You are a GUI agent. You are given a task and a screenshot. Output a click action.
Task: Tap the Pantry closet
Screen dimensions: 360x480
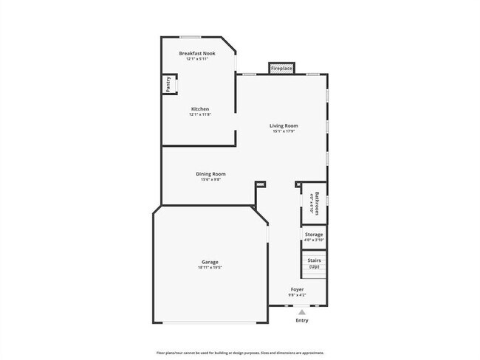point(168,86)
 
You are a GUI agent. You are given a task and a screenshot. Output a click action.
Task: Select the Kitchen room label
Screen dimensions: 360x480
point(200,109)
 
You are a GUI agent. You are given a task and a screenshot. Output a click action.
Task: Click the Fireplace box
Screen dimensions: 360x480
point(281,69)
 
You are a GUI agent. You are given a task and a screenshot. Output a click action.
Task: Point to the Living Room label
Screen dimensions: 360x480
point(284,126)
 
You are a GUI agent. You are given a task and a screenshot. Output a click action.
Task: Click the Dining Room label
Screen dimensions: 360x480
point(211,174)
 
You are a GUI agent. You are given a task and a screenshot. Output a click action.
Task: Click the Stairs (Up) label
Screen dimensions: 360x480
point(314,263)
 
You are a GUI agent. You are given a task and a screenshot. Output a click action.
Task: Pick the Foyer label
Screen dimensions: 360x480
point(297,289)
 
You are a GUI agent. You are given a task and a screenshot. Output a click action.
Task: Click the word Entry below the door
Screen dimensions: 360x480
point(302,321)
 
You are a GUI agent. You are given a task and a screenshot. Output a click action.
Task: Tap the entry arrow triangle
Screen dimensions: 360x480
point(301,312)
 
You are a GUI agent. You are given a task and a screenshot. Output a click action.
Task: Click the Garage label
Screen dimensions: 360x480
point(210,262)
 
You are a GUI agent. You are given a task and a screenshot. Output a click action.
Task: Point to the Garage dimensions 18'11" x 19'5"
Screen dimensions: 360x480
point(210,268)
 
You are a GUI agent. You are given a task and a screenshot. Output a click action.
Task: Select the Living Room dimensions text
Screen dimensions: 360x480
point(284,132)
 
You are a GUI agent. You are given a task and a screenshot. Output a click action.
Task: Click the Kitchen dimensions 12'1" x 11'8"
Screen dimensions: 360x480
point(200,115)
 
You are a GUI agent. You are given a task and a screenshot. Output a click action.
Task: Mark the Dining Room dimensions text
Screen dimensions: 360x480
point(211,180)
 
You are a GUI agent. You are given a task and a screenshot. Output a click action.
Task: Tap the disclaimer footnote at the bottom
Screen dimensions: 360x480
point(239,352)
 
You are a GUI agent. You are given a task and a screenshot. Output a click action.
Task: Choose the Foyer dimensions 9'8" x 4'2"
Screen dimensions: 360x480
point(297,295)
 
